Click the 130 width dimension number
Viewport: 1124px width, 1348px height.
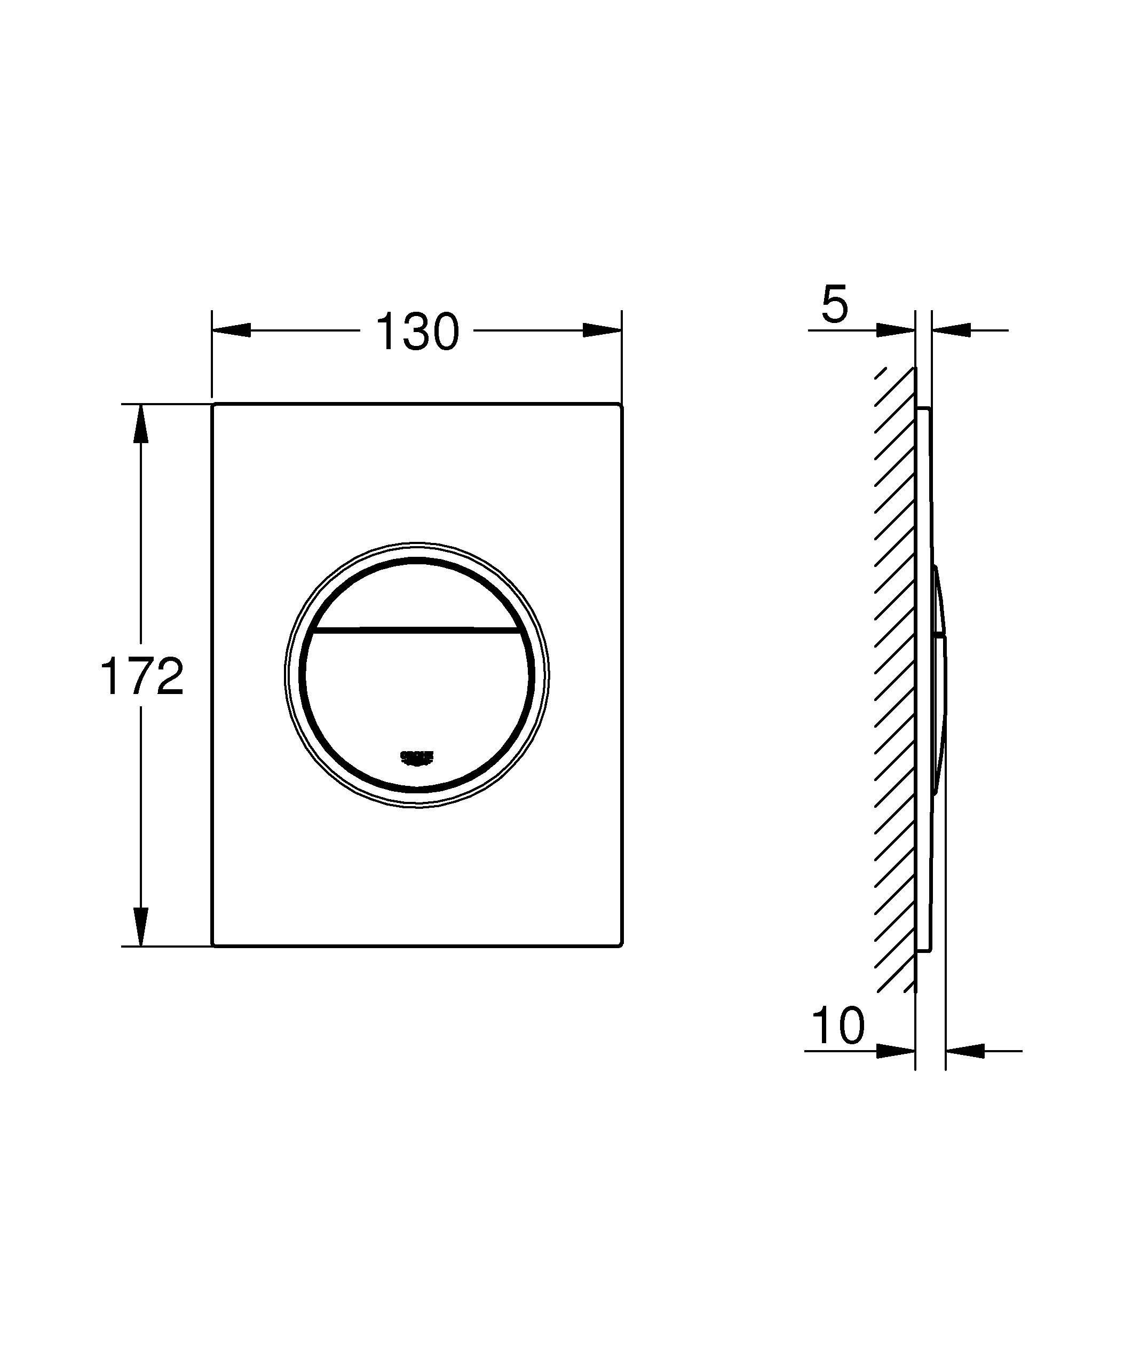417,332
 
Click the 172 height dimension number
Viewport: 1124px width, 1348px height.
142,676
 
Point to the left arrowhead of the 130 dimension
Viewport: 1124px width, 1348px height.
231,330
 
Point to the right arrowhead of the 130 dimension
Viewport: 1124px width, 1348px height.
602,330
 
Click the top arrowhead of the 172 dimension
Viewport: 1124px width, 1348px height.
141,424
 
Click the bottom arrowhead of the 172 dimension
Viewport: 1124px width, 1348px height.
141,926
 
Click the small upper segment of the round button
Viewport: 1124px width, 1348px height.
417,594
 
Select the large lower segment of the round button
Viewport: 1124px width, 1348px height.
417,693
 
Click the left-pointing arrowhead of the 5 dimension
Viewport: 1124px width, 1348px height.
951,330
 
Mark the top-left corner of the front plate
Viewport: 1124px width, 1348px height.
213,405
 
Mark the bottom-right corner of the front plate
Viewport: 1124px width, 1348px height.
620,945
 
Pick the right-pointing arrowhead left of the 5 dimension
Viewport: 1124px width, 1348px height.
896,330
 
